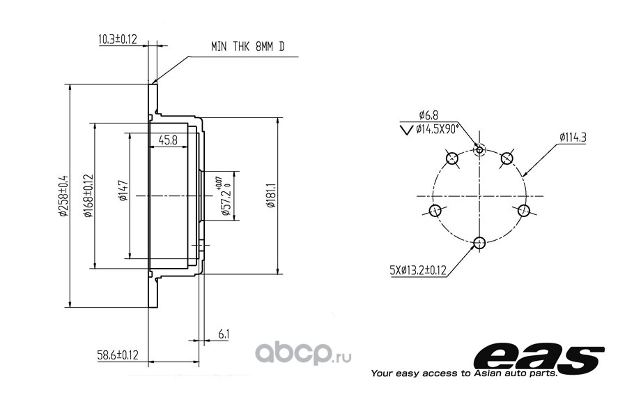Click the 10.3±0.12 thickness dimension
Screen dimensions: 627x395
118,39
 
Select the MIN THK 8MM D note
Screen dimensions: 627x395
248,47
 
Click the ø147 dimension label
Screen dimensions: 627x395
123,191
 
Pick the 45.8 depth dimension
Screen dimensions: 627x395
168,140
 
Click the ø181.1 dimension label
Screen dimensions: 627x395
271,195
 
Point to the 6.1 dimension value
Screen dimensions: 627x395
224,334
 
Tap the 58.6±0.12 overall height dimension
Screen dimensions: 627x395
118,355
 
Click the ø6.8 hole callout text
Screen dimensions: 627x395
428,115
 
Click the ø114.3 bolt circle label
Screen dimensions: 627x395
573,137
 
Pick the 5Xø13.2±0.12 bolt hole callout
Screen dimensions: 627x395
418,271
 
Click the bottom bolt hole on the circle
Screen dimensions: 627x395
479,242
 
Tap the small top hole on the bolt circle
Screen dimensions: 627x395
479,150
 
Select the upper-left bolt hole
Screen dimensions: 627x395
452,158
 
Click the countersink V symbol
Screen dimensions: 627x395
406,130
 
